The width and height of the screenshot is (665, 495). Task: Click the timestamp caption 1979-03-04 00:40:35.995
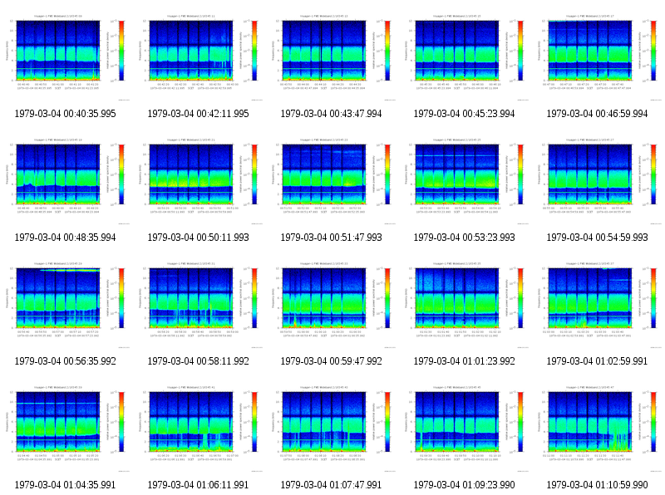pyautogui.click(x=66, y=114)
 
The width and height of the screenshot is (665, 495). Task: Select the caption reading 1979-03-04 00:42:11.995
pyautogui.click(x=199, y=114)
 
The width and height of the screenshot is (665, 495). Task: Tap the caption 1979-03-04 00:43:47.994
pyautogui.click(x=332, y=114)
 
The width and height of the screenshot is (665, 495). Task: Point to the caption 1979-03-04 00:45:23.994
pyautogui.click(x=465, y=114)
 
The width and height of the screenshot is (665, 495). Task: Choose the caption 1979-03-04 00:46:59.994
pyautogui.click(x=598, y=114)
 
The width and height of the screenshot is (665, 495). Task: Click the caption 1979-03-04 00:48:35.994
pyautogui.click(x=66, y=238)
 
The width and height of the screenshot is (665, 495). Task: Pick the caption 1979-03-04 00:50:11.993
pyautogui.click(x=199, y=238)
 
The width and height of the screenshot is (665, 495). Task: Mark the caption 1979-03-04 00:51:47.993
pyautogui.click(x=332, y=238)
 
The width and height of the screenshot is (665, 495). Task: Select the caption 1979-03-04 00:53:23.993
pyautogui.click(x=465, y=238)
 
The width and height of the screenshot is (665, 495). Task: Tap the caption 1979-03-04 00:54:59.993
pyautogui.click(x=598, y=238)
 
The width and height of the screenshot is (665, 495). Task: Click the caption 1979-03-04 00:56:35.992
pyautogui.click(x=66, y=361)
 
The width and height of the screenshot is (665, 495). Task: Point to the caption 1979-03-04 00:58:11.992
pyautogui.click(x=199, y=361)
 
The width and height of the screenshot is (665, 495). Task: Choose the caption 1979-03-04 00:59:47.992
pyautogui.click(x=332, y=361)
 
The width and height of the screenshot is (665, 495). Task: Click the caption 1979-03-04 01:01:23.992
pyautogui.click(x=465, y=361)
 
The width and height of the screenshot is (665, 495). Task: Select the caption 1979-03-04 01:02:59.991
pyautogui.click(x=598, y=361)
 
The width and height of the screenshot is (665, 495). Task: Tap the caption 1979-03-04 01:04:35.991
pyautogui.click(x=66, y=485)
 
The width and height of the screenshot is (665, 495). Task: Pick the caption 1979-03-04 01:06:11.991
pyautogui.click(x=199, y=485)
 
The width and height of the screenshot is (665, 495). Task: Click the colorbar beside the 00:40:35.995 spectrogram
pyautogui.click(x=121, y=50)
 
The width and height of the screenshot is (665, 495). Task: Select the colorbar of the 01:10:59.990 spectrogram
pyautogui.click(x=653, y=421)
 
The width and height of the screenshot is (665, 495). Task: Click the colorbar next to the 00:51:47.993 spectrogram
pyautogui.click(x=387, y=174)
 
